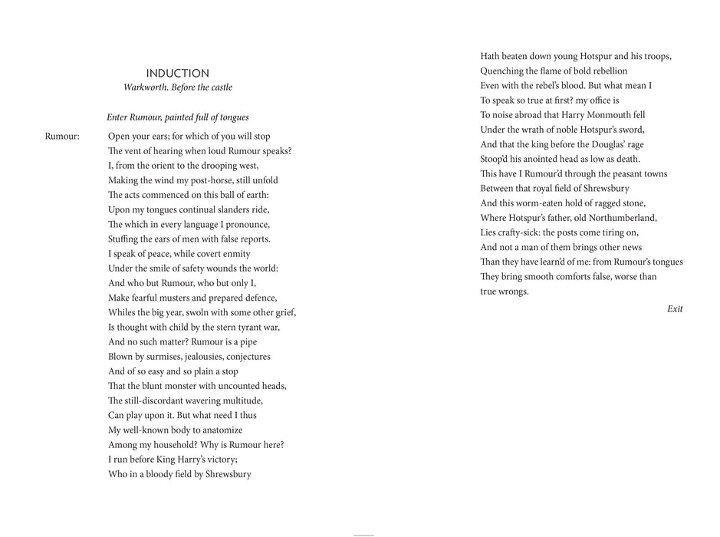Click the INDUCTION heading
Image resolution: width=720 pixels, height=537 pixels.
[x=177, y=74]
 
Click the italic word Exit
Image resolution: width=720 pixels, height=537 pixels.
[x=675, y=309]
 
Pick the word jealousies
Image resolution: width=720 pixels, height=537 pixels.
[x=205, y=357]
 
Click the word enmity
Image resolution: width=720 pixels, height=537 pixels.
[x=235, y=254]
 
